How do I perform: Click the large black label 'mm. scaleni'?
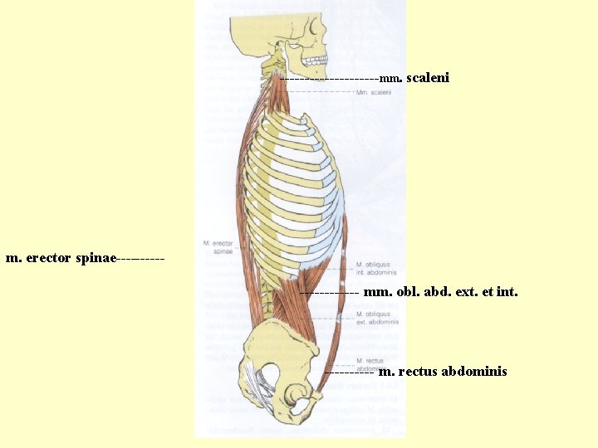tap(414, 78)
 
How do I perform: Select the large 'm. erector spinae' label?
tap(61, 258)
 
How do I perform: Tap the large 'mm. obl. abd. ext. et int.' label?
tap(440, 292)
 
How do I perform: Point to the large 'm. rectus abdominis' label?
tap(442, 371)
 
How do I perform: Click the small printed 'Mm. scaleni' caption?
tap(373, 93)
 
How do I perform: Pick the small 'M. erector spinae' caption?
tap(218, 246)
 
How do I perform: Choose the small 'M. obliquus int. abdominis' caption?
tap(376, 267)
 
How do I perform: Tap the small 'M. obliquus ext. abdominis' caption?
tap(377, 318)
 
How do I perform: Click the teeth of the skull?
tap(316, 61)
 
